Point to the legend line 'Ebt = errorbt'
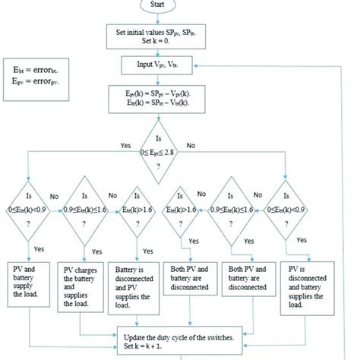coord(32,68)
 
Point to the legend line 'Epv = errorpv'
coord(32,79)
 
